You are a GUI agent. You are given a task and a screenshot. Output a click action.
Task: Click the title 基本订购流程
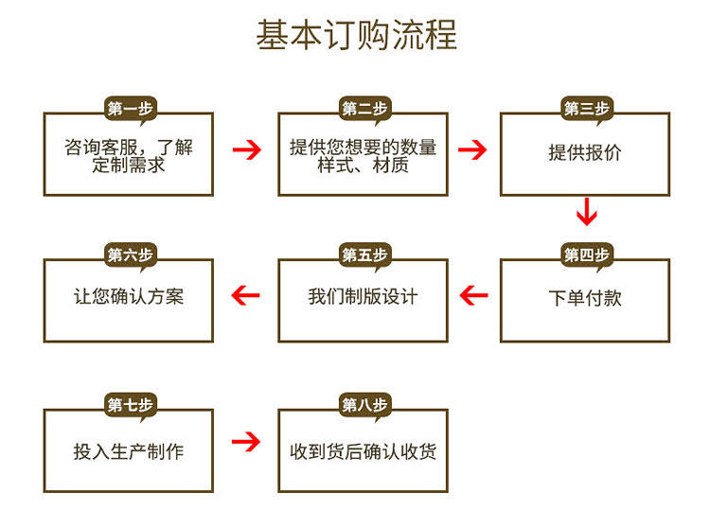[356, 35]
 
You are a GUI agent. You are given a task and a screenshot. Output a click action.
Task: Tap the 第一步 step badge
[130, 109]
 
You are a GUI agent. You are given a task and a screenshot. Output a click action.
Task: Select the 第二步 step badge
[364, 109]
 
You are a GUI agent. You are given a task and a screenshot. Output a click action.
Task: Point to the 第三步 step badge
[587, 109]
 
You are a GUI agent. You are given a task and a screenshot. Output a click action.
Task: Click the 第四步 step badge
[587, 255]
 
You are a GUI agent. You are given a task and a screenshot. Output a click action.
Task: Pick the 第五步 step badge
[364, 255]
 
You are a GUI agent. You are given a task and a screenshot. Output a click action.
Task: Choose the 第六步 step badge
[130, 255]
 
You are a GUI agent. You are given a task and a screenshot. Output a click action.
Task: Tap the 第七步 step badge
[130, 405]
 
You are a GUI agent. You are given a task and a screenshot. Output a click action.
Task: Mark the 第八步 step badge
[364, 405]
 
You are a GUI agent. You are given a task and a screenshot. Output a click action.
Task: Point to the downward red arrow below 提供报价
[587, 212]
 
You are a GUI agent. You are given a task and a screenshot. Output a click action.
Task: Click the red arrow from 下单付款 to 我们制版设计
[473, 296]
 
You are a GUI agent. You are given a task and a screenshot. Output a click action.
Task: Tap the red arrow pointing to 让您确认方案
[246, 296]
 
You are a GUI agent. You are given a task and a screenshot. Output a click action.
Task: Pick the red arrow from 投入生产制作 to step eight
[246, 441]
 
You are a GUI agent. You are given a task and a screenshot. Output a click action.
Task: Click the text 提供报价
[585, 152]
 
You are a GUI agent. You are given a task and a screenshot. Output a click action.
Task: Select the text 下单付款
[585, 297]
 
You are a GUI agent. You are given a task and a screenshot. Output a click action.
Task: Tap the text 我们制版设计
[363, 296]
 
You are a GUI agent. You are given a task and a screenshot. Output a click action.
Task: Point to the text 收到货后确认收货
[363, 451]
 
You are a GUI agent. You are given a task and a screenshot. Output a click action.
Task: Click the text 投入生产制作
[129, 451]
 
